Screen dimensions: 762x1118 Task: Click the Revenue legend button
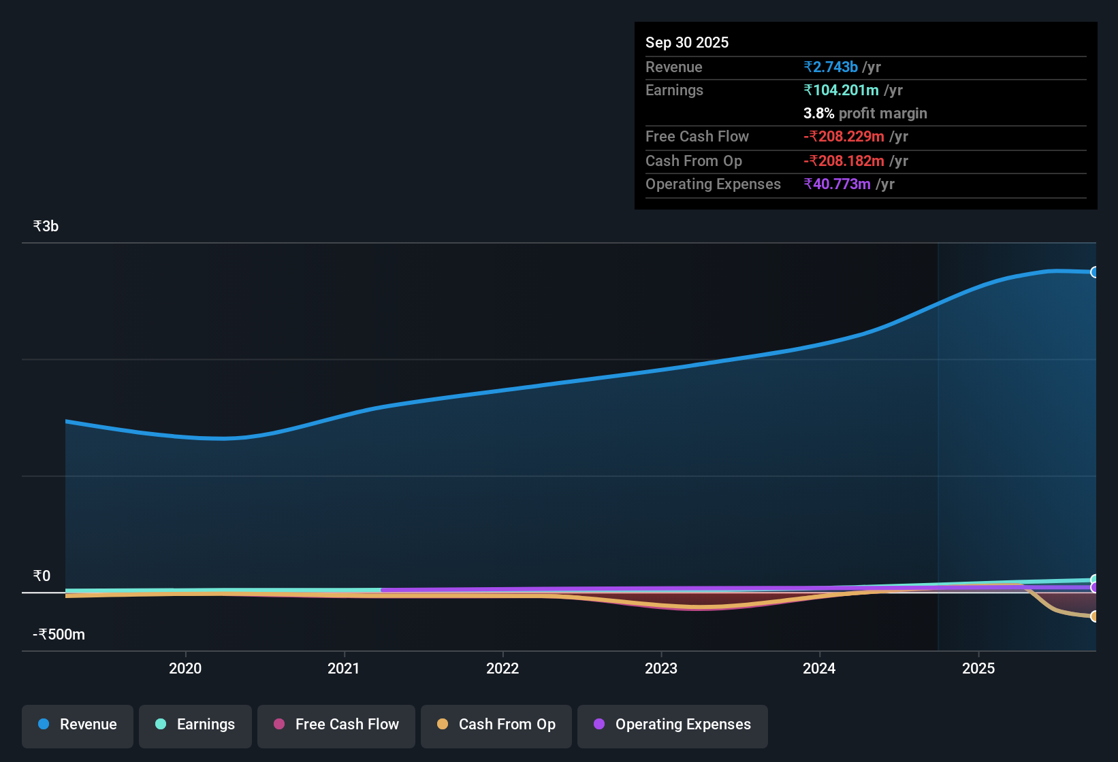pos(78,725)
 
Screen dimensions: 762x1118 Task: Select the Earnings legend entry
pos(195,725)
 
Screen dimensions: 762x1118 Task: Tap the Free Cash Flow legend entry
pos(336,725)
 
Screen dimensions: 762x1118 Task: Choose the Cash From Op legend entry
pos(496,725)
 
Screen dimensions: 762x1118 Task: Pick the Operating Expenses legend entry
pos(673,725)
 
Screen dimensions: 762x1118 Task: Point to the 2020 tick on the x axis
pos(185,668)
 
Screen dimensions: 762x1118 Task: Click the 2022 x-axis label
pos(502,668)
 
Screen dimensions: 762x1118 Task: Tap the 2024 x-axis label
pos(819,668)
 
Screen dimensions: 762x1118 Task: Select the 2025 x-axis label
pos(978,668)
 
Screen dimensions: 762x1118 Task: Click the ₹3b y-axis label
pos(46,227)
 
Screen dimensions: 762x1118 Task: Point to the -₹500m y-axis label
pos(59,635)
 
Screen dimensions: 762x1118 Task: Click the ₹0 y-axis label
pos(42,576)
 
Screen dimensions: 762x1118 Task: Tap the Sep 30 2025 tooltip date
pos(686,43)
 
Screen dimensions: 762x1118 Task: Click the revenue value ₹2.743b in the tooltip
pos(830,67)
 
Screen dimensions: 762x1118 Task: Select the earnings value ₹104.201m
pos(841,90)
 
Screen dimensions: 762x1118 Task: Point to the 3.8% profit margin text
pos(865,114)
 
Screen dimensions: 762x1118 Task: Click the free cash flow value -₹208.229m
pos(844,137)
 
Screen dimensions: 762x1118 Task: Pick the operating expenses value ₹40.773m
pos(837,184)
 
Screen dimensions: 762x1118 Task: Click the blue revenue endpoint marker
pos(1094,272)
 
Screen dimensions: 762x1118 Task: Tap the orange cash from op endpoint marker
pos(1094,616)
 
